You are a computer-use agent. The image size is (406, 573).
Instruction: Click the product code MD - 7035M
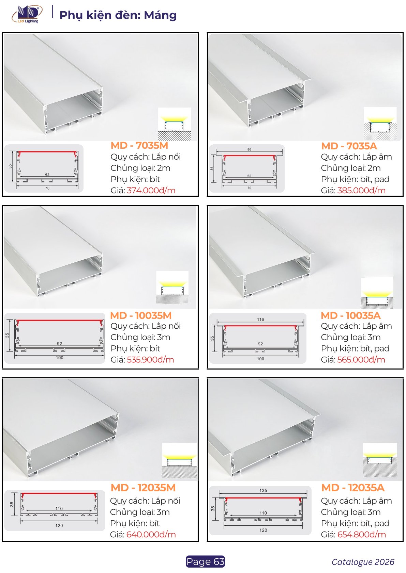139,145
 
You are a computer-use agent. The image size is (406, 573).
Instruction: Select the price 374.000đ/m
151,190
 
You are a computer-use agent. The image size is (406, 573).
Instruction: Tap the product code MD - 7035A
349,146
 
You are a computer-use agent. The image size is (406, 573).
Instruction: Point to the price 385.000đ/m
361,190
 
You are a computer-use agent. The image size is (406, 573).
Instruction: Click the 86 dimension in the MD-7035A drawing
249,149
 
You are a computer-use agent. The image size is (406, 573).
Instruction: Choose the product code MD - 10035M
141,315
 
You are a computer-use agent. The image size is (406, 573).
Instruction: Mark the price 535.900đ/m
150,360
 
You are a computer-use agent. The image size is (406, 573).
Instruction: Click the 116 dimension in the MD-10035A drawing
260,319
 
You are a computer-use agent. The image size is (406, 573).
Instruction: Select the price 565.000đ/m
361,360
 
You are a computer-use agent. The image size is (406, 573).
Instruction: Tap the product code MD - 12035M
143,488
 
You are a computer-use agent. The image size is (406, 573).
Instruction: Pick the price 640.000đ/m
151,534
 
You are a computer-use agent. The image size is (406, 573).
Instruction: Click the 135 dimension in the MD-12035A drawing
263,490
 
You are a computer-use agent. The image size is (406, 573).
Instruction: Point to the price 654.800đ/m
362,534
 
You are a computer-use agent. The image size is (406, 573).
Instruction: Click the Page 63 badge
205,561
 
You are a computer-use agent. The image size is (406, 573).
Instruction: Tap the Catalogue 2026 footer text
363,562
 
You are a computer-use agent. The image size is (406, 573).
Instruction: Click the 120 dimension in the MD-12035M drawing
59,525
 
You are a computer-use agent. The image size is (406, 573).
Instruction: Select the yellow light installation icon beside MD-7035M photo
174,124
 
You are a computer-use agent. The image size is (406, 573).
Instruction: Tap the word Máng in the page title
160,15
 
